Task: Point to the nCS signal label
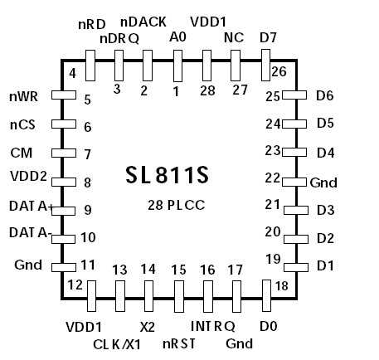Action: (22, 126)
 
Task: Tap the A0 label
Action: (177, 37)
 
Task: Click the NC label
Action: (234, 37)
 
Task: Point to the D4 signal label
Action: (325, 153)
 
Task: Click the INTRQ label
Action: (213, 325)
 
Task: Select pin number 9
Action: (87, 211)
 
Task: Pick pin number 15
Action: (179, 270)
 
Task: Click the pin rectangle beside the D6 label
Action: (290, 96)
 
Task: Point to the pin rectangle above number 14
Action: (148, 294)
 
